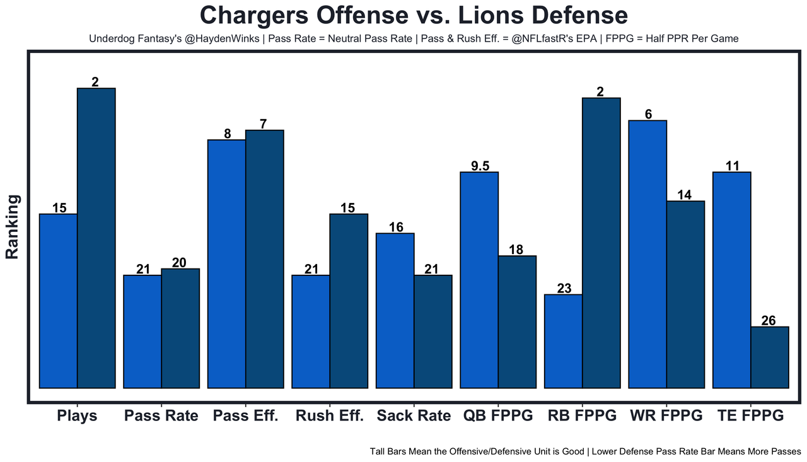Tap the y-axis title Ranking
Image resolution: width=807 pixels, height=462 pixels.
tap(13, 227)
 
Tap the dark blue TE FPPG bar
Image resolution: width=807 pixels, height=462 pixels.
tap(770, 357)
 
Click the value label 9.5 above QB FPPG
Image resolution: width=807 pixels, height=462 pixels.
tap(480, 166)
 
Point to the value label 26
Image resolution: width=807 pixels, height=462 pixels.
tap(769, 321)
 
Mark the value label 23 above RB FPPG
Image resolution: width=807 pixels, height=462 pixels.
tap(564, 289)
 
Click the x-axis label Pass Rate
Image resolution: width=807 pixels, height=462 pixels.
tap(161, 416)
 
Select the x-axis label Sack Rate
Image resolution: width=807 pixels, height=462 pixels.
tap(414, 416)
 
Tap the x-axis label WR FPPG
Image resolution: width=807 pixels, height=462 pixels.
tap(666, 416)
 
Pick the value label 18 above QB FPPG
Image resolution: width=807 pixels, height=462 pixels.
tap(516, 250)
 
